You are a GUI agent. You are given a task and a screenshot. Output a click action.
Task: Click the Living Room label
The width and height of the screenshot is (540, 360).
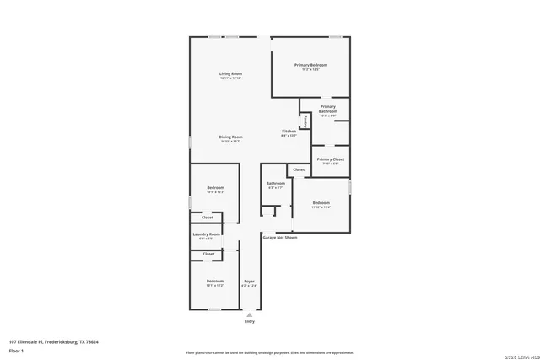(230, 74)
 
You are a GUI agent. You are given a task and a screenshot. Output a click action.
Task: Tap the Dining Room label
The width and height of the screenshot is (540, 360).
(231, 137)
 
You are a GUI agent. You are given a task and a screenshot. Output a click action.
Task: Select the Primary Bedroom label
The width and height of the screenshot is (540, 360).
(310, 65)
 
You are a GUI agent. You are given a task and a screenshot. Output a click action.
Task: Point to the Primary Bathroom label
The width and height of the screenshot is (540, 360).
(328, 110)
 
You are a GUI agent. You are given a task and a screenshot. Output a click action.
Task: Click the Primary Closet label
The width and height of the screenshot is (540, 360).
(330, 159)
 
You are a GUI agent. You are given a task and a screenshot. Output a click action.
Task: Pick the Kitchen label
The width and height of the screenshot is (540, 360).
(289, 132)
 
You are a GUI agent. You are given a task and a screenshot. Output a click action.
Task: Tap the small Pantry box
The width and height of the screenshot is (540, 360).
(305, 120)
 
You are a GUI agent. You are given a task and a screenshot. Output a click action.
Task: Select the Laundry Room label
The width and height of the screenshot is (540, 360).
(207, 234)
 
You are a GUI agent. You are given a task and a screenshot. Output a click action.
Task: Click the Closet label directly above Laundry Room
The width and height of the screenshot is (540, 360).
(208, 218)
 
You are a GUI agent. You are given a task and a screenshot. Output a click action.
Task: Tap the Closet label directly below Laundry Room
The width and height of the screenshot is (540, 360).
(208, 254)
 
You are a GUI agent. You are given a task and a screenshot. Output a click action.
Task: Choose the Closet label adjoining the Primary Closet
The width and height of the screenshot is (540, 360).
(298, 169)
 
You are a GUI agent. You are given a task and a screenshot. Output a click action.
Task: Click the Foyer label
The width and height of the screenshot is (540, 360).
(249, 282)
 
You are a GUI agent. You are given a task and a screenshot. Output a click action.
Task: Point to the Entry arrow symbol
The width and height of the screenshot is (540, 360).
(249, 314)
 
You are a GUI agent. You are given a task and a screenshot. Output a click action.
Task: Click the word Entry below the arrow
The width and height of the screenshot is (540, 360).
(249, 322)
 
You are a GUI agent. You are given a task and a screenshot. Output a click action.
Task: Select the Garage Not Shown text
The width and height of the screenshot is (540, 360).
(279, 238)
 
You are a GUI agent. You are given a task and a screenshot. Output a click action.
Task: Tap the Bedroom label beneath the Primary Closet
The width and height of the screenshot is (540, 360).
(321, 202)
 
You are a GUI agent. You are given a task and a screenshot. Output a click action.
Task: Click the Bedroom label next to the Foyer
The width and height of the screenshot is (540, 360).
(215, 282)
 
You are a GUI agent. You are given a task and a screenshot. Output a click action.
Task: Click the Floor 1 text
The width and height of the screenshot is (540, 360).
(16, 350)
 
